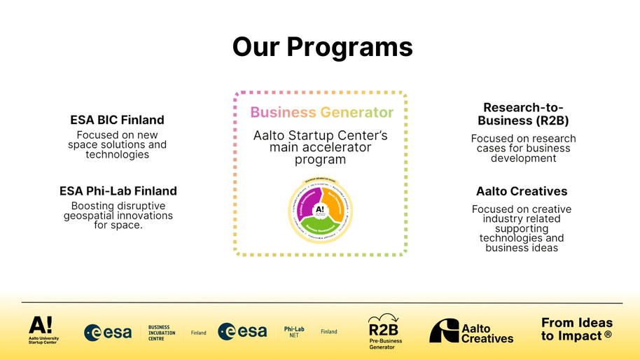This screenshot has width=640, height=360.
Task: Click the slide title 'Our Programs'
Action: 322,47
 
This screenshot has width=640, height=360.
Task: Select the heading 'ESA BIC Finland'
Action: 117,120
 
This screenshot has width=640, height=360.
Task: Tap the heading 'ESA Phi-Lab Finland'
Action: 118,191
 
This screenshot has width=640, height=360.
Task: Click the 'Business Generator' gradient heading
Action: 321,112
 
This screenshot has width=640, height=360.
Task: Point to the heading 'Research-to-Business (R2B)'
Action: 523,113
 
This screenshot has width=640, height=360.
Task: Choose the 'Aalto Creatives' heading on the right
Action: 522,191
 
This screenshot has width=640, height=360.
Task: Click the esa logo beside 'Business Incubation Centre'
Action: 108,332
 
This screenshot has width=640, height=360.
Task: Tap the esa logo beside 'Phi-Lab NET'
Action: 242,331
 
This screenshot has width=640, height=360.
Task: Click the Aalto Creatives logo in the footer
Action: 471,331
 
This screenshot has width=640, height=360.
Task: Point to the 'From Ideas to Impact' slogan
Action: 576,329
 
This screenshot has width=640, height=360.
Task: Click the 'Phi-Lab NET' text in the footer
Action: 294,332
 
